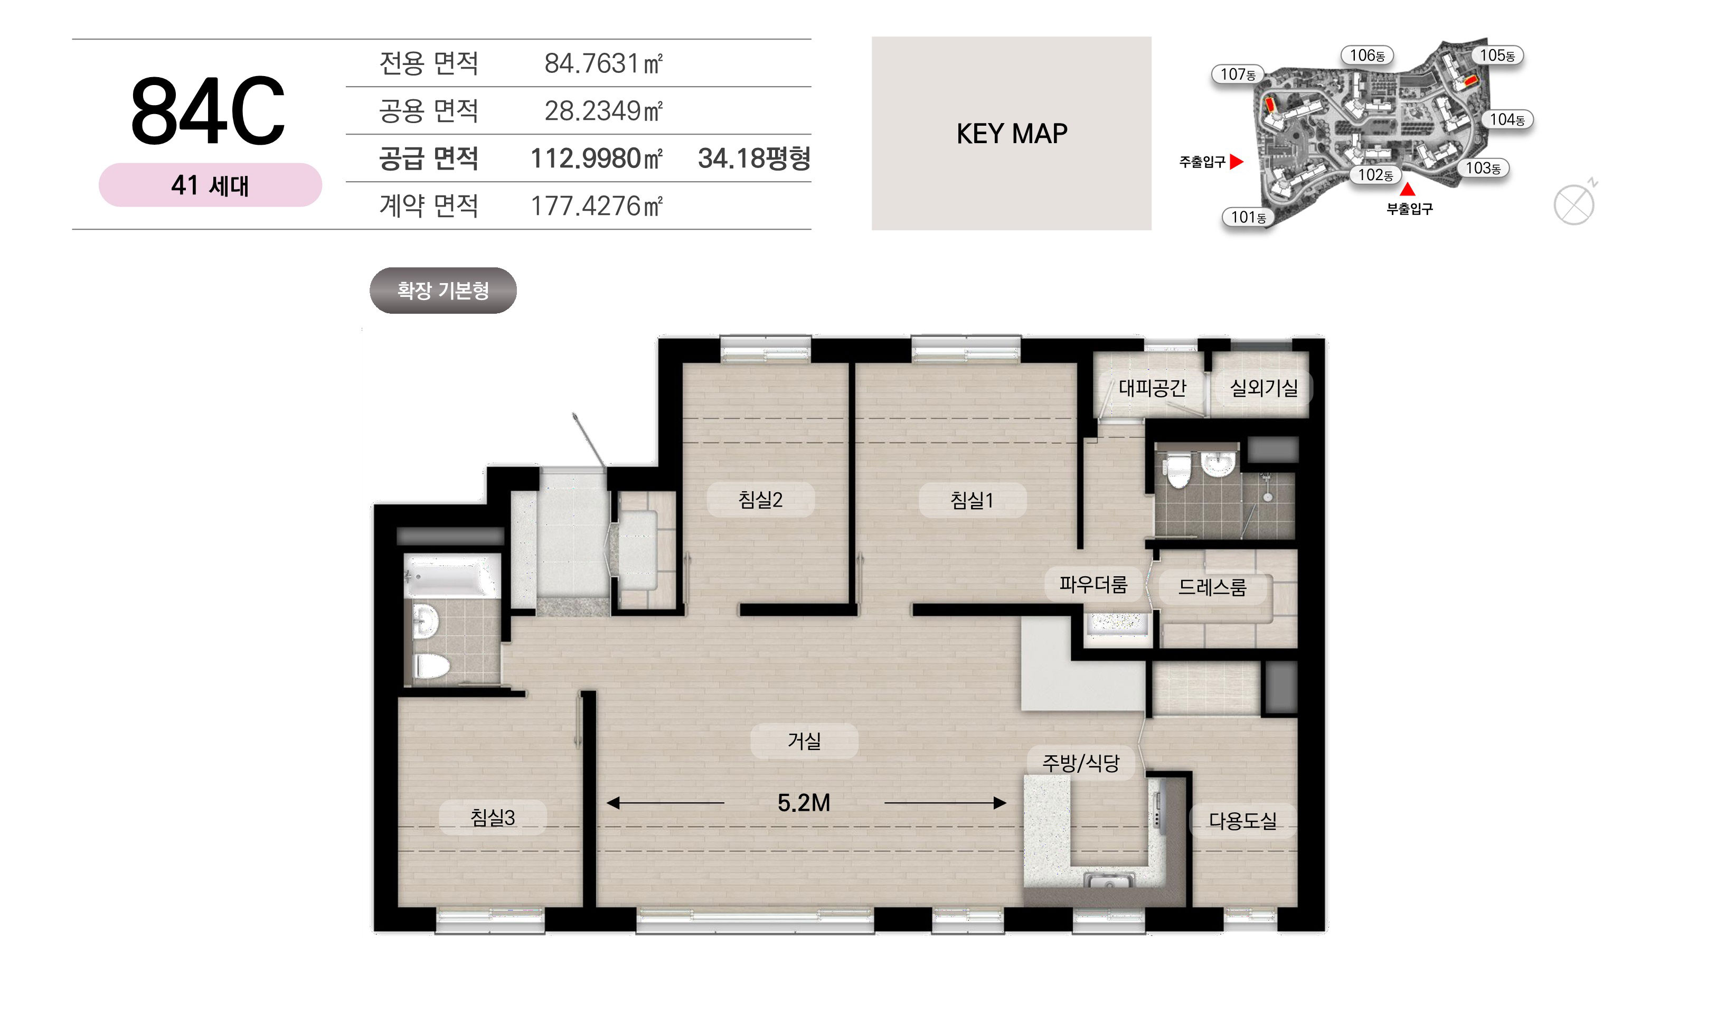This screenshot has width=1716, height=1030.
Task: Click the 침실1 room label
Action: pyautogui.click(x=972, y=500)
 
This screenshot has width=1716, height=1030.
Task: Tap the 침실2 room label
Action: pyautogui.click(x=760, y=499)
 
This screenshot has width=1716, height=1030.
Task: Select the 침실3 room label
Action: pyautogui.click(x=493, y=818)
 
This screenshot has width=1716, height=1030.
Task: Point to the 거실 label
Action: pyautogui.click(x=804, y=741)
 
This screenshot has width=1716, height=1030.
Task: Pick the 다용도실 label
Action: pyautogui.click(x=1242, y=820)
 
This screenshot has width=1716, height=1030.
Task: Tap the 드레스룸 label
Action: pyautogui.click(x=1212, y=587)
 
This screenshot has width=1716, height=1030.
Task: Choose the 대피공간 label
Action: pyautogui.click(x=1152, y=387)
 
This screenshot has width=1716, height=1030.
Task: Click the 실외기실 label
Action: pyautogui.click(x=1264, y=387)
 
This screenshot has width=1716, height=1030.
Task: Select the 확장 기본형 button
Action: pyautogui.click(x=442, y=290)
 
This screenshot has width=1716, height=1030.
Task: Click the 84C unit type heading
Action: pyautogui.click(x=208, y=111)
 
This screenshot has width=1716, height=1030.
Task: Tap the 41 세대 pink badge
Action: pyautogui.click(x=210, y=185)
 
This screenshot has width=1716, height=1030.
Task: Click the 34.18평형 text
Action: pyautogui.click(x=754, y=158)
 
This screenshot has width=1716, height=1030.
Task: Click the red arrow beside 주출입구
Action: pyautogui.click(x=1236, y=162)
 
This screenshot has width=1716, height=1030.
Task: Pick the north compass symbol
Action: pyautogui.click(x=1574, y=203)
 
